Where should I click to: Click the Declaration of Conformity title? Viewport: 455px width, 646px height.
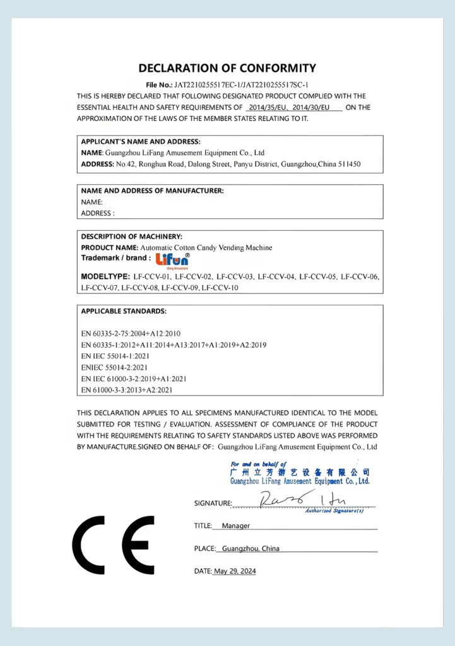click(227, 68)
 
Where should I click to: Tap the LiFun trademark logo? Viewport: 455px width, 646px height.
click(168, 259)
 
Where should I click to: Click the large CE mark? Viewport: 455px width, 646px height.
click(114, 544)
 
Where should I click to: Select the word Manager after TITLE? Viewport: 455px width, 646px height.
click(236, 526)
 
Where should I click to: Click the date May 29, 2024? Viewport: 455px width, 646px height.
click(235, 572)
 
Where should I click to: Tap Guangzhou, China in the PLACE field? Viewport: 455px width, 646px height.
click(251, 549)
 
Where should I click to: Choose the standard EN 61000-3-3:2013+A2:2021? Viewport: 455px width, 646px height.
click(127, 390)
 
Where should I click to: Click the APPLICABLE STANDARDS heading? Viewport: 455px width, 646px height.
click(124, 311)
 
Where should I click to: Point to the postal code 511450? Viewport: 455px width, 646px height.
click(347, 164)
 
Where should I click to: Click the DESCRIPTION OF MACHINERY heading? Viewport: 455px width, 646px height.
click(132, 237)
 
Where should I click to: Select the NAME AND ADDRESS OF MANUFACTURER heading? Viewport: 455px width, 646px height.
click(152, 191)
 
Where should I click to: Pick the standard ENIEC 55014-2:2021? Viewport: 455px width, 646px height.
click(114, 367)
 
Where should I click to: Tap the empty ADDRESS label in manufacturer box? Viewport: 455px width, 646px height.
click(98, 213)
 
